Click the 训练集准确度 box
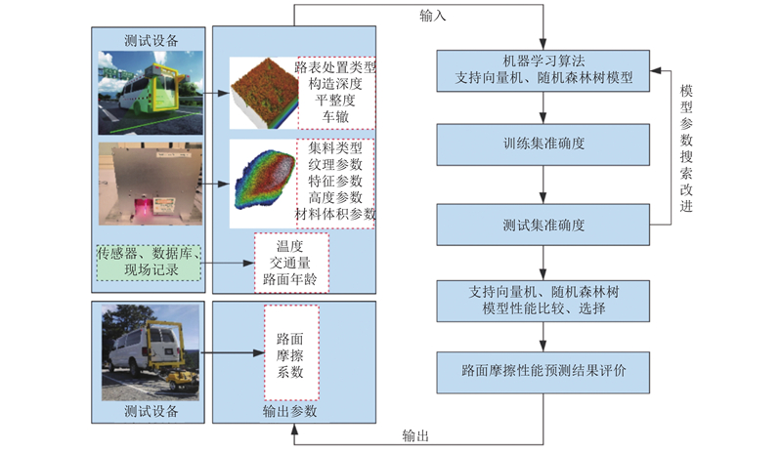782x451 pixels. (x=543, y=144)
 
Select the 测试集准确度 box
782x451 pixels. (x=543, y=225)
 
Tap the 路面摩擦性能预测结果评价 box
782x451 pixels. (x=543, y=372)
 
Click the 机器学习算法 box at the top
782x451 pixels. (x=543, y=70)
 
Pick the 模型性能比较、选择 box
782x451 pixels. (x=543, y=301)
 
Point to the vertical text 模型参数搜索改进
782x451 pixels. (x=686, y=148)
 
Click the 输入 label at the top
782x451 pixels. (x=432, y=16)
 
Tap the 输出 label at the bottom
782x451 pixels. (x=415, y=436)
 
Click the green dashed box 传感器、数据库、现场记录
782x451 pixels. (x=149, y=263)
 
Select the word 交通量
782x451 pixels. (x=289, y=263)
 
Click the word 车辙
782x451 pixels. (x=335, y=117)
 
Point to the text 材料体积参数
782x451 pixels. (x=335, y=214)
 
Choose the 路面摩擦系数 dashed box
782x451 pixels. (x=291, y=352)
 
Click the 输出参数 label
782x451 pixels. (x=289, y=411)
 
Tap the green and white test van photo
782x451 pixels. (x=151, y=93)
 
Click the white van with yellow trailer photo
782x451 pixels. (x=151, y=352)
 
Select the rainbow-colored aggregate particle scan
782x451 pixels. (x=265, y=180)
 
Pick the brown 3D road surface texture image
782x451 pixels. (x=264, y=93)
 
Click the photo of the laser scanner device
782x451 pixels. (x=151, y=184)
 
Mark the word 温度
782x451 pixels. (x=289, y=246)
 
